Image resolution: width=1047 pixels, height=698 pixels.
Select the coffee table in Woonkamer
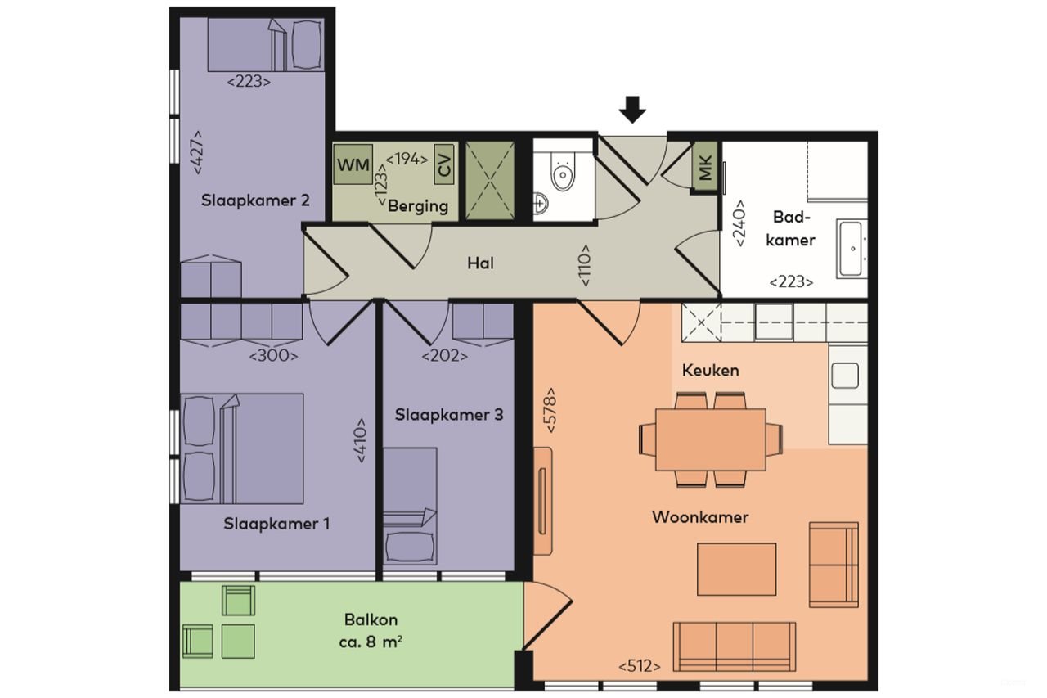pos(736,569)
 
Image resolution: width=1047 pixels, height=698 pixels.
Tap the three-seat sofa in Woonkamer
pos(734,646)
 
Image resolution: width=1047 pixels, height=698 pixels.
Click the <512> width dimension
pos(640,665)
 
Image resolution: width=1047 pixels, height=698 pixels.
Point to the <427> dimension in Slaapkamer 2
pos(196,152)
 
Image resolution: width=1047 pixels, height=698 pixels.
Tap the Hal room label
pos(480,263)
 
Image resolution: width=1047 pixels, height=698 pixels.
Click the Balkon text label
pos(371,620)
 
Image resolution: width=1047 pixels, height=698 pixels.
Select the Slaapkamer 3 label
pos(449,415)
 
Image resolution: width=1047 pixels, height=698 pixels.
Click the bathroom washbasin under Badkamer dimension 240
pos(851,247)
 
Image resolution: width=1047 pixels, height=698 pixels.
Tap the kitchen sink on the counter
pos(845,376)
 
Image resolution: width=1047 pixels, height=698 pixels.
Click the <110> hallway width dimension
pos(586,265)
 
